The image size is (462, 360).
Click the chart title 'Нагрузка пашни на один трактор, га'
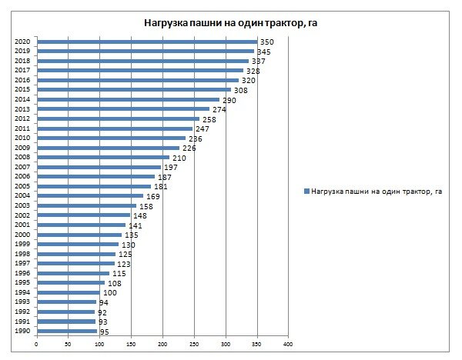tap(231, 23)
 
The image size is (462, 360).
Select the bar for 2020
tap(146, 42)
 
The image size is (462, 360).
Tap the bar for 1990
tap(67, 331)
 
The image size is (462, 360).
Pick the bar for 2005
tap(94, 186)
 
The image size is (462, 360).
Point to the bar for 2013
tap(123, 109)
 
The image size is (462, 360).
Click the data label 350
tap(267, 42)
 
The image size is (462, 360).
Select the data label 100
tap(110, 292)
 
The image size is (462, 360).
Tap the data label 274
tap(219, 109)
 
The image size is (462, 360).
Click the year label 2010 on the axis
tap(22, 138)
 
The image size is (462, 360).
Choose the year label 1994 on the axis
tap(22, 292)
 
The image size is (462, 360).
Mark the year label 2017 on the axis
tap(22, 71)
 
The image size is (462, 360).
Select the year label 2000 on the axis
tap(22, 235)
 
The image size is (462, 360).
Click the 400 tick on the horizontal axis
tap(289, 344)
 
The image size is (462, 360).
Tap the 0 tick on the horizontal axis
tap(37, 344)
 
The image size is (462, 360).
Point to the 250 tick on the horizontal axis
tap(194, 344)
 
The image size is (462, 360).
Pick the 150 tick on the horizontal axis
tap(131, 344)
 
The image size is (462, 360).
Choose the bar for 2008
tap(103, 158)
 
